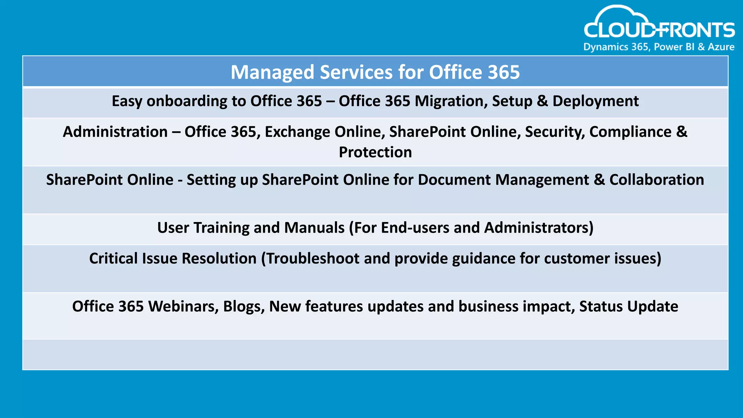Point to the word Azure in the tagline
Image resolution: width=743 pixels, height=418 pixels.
click(x=721, y=47)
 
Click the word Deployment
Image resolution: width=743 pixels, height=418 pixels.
click(x=595, y=101)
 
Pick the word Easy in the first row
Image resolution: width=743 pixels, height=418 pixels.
click(x=127, y=101)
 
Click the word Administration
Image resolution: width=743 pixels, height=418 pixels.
click(x=115, y=132)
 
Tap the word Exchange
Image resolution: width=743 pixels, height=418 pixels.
click(x=297, y=132)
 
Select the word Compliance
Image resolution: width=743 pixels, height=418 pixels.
click(x=630, y=132)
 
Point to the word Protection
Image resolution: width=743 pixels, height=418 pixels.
click(x=375, y=152)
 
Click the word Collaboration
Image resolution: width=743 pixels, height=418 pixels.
click(x=656, y=180)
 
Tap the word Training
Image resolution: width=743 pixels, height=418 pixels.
click(x=221, y=228)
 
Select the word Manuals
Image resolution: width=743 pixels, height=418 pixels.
click(x=314, y=228)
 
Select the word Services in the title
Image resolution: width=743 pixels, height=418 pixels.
click(x=356, y=72)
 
